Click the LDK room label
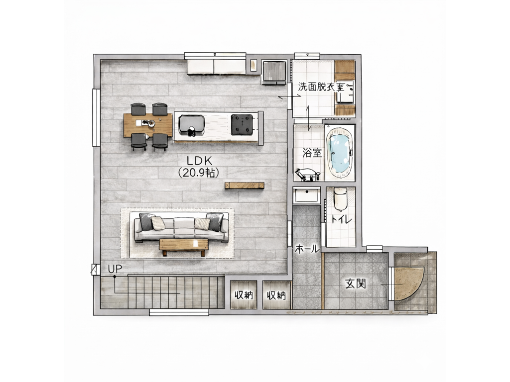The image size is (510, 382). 199,161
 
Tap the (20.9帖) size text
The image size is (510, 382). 198,173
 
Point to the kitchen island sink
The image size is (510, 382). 192,125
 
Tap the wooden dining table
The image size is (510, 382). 148,125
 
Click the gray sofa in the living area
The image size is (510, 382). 182,227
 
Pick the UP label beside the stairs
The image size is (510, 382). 115,269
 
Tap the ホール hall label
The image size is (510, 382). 307,250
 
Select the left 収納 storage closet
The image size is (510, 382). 244,294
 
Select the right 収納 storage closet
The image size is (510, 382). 276,294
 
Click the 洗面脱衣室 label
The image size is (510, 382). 321,87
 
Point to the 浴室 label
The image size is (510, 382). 312,153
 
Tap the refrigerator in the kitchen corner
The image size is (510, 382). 274,72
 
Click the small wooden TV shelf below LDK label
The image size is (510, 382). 244,186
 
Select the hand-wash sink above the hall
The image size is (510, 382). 306,195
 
